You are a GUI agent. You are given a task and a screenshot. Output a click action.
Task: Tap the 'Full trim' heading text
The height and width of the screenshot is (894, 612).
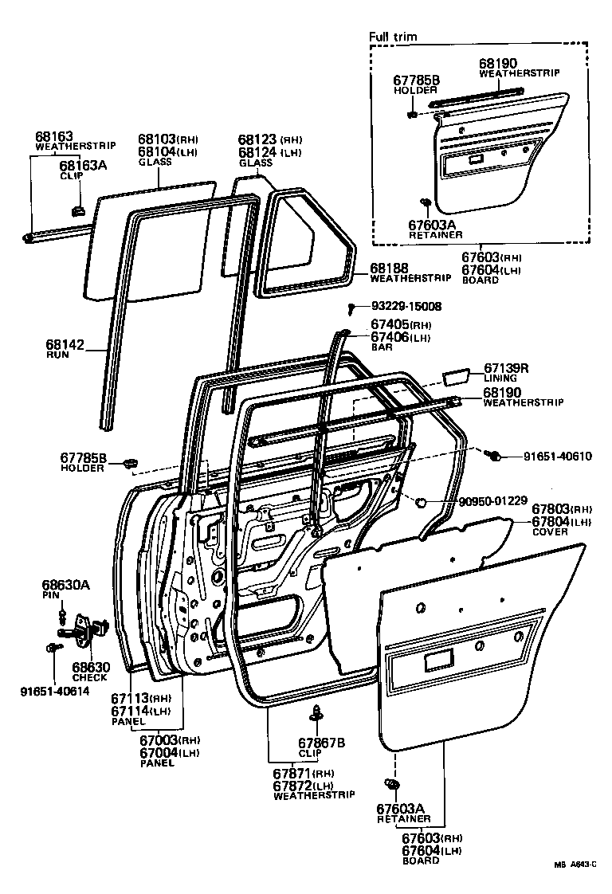[393, 37]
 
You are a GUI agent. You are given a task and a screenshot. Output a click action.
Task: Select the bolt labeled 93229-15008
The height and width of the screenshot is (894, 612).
[351, 307]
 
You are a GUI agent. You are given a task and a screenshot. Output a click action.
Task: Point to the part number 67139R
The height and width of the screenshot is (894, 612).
[506, 368]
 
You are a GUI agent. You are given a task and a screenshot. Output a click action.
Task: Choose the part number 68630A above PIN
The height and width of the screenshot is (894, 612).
[65, 586]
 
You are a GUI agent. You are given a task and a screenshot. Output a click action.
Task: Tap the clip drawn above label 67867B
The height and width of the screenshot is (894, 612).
[317, 712]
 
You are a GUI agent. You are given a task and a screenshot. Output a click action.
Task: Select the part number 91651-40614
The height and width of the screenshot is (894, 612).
[54, 690]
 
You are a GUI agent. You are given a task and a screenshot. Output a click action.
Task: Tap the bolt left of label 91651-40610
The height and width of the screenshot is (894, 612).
[494, 455]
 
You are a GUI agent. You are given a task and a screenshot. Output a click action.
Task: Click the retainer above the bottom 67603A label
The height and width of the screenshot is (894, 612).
[392, 785]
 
